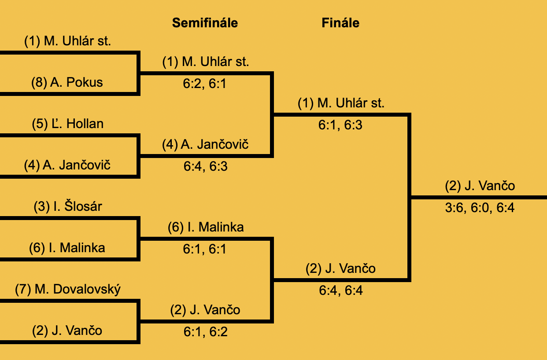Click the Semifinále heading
click(205, 23)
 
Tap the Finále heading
click(340, 23)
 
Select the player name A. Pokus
click(67, 82)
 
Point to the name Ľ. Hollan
click(68, 124)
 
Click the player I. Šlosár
click(68, 206)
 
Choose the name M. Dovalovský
click(68, 289)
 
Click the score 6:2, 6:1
click(205, 84)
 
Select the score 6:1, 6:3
click(340, 125)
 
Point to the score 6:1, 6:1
click(205, 249)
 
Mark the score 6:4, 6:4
click(340, 290)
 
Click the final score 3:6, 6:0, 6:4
click(480, 208)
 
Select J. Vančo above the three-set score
click(480, 186)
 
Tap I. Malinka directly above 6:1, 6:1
click(206, 227)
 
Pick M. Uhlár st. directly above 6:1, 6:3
click(341, 103)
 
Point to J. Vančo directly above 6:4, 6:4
click(340, 268)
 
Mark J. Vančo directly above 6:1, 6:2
click(205, 310)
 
